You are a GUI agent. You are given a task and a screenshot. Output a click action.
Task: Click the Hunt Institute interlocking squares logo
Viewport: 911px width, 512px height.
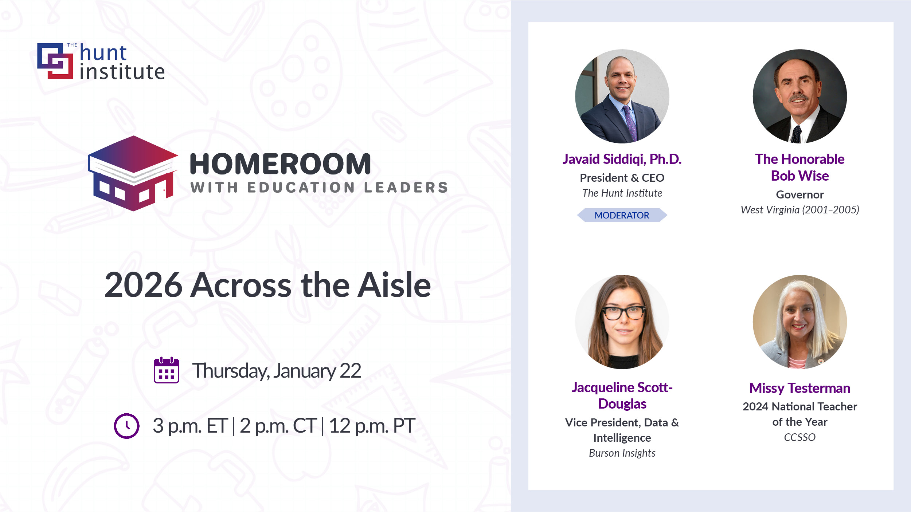tap(55, 61)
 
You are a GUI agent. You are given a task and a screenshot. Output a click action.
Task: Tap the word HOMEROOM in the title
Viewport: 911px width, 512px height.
tap(280, 164)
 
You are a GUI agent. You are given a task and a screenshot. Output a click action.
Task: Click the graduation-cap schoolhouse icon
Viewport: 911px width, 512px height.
tap(133, 173)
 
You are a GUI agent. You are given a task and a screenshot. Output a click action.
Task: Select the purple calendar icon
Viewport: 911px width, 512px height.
tap(167, 370)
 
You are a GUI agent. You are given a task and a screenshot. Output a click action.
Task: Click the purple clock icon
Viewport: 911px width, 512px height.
tap(126, 426)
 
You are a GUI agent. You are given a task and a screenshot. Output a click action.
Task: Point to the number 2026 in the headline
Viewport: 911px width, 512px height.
tap(143, 285)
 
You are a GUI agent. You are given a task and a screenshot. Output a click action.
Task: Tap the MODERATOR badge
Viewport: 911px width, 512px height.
tap(622, 215)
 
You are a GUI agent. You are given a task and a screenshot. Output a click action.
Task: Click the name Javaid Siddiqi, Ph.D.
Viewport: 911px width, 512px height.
tap(622, 159)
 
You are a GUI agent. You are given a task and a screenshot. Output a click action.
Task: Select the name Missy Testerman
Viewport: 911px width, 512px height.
tap(800, 388)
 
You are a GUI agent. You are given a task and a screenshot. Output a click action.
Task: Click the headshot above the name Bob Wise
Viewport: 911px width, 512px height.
tap(800, 96)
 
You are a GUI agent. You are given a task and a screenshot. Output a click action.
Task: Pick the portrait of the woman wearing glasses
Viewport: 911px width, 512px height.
tap(622, 322)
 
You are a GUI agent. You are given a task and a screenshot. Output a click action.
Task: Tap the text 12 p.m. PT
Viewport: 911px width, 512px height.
tap(372, 425)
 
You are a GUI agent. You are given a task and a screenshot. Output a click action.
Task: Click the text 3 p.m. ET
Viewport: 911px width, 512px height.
tap(190, 425)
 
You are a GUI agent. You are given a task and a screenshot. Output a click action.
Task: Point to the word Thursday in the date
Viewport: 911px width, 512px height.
tap(231, 371)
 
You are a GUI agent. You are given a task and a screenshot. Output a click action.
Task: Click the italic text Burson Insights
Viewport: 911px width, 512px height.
tap(622, 453)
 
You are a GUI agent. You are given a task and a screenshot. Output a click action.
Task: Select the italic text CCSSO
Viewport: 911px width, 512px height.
tap(800, 437)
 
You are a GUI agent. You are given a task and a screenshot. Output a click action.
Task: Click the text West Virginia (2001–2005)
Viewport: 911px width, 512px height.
tap(800, 210)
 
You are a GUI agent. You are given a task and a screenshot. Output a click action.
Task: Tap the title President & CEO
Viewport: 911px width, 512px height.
tap(622, 178)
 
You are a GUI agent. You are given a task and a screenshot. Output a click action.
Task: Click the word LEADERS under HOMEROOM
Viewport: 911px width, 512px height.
tap(406, 188)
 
